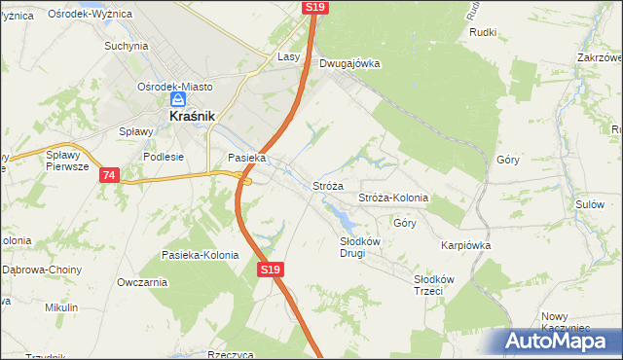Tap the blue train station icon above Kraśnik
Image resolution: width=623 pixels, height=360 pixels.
(x=178, y=99)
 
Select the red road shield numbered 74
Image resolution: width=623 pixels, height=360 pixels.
(x=108, y=175)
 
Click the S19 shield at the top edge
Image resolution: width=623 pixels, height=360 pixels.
(x=314, y=7)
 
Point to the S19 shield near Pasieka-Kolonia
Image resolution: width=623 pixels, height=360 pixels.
(x=270, y=270)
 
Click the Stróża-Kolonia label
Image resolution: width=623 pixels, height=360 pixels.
(x=393, y=198)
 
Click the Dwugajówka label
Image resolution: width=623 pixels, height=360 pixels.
(x=349, y=63)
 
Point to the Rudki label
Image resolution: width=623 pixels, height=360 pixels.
(x=483, y=32)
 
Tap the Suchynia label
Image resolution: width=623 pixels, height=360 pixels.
(x=126, y=46)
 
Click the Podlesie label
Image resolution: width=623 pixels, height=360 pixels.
(x=164, y=156)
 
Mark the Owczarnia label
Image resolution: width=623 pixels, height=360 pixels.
(x=142, y=282)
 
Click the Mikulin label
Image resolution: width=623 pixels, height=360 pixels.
(x=61, y=307)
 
